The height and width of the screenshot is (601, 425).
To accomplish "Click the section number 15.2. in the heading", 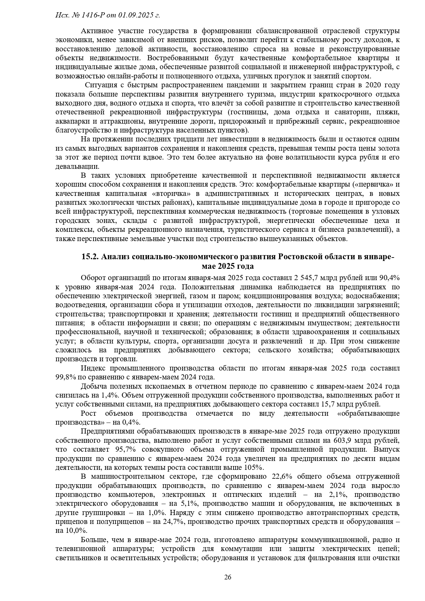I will pos(90,257).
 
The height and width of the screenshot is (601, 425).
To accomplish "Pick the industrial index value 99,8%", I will pos(65,377).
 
